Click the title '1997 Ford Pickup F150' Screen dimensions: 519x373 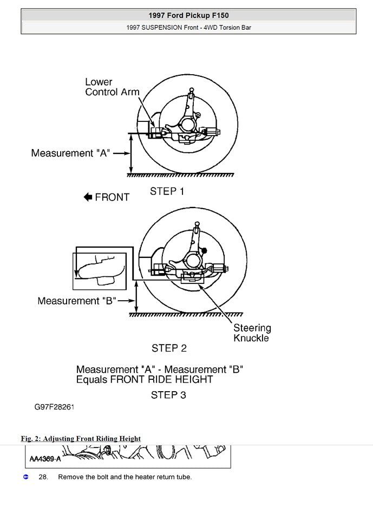click(188, 16)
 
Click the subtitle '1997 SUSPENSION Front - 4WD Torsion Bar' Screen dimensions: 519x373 click(188, 27)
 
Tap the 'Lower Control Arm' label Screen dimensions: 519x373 click(112, 87)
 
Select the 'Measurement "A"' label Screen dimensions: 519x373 click(70, 153)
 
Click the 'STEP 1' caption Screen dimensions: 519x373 click(167, 191)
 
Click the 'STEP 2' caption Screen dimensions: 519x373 click(169, 348)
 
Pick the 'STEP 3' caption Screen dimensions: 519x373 click(168, 395)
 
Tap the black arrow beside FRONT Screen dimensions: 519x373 click(88, 197)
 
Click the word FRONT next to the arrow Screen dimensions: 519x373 click(112, 197)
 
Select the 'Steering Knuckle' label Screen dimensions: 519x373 click(252, 333)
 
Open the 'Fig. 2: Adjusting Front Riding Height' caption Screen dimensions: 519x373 click(81, 438)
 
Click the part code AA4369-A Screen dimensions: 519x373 click(45, 459)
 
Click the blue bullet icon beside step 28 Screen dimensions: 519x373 click(25, 477)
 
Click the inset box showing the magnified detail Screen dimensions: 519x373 click(101, 270)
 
